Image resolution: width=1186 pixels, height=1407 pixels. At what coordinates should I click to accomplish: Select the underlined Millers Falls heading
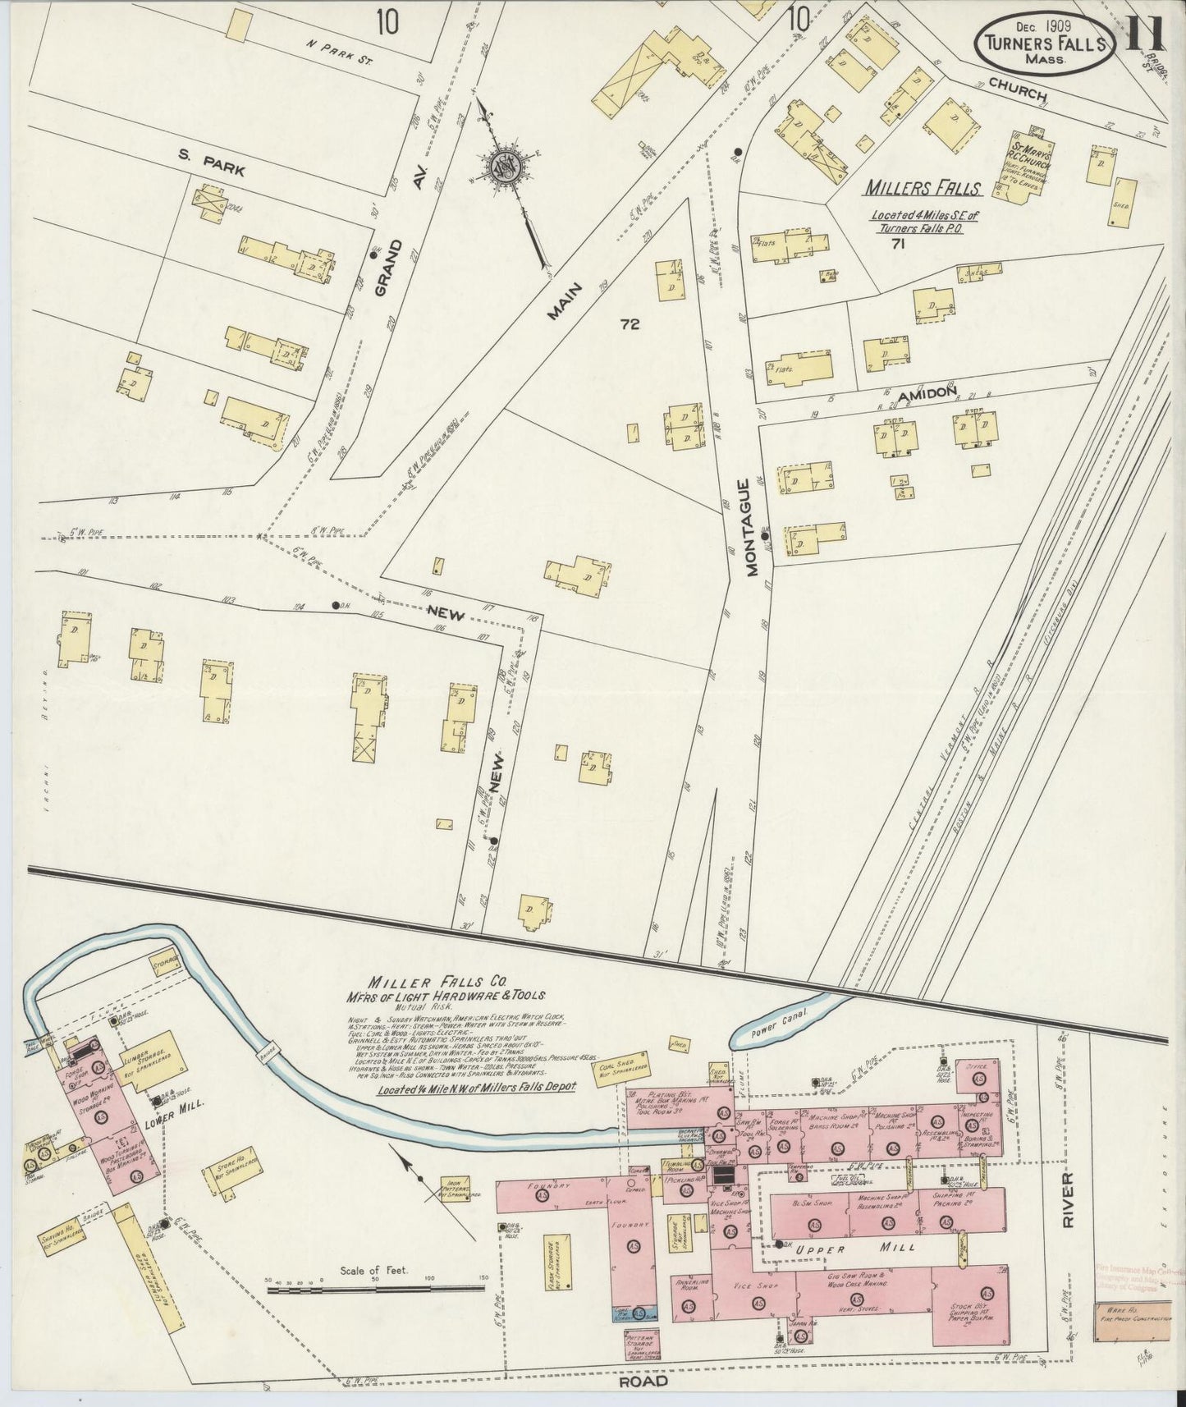pos(922,189)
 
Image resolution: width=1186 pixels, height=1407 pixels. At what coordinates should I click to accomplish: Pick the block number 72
pos(630,324)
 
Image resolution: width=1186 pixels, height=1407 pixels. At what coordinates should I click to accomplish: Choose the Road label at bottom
pos(645,1381)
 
